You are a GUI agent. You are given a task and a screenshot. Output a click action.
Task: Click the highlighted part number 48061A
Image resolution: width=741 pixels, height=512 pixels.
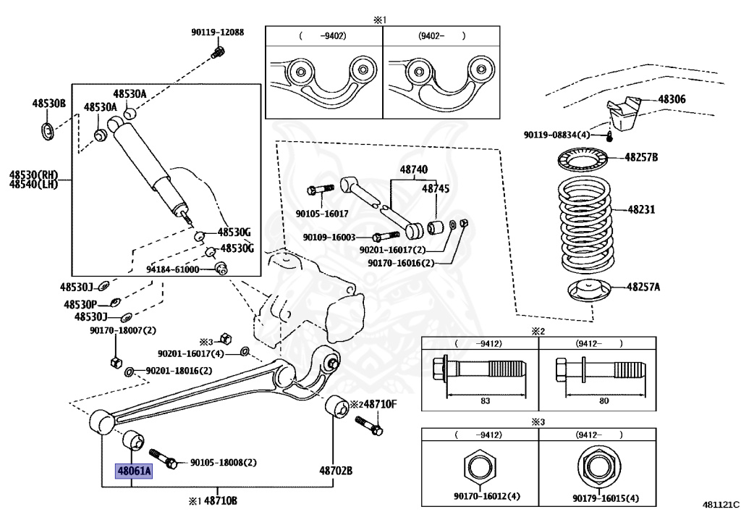[135, 471]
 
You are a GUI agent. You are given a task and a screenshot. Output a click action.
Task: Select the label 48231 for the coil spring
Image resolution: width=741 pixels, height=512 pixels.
[640, 210]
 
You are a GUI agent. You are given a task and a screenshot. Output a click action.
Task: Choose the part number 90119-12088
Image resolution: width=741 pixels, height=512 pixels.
[217, 33]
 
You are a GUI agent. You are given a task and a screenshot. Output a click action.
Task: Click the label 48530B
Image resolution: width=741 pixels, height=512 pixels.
[48, 104]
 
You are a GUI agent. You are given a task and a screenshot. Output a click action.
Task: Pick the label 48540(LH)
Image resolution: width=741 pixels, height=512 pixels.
[33, 185]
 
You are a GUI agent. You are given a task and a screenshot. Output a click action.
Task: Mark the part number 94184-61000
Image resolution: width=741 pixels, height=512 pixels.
[172, 269]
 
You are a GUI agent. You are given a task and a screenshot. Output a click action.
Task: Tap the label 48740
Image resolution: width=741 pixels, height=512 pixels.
[414, 170]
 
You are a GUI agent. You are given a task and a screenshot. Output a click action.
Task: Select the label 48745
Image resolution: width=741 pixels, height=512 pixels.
[436, 188]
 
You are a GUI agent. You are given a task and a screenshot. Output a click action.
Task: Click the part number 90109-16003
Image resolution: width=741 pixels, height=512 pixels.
[329, 238]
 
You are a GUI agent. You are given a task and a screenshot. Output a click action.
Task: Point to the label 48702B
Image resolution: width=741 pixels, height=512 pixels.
[336, 471]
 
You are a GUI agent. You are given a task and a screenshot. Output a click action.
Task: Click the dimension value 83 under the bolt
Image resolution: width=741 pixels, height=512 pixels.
[485, 400]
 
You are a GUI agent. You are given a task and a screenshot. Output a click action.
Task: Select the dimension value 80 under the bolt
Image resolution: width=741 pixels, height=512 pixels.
[603, 400]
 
